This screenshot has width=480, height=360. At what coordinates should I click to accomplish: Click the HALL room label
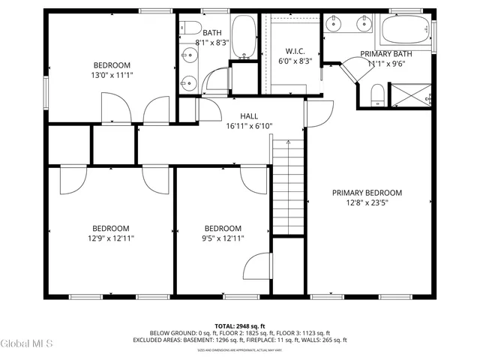click(249, 116)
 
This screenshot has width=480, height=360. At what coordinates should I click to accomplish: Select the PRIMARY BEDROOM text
click(367, 193)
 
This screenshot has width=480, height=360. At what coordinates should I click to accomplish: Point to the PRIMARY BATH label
click(387, 54)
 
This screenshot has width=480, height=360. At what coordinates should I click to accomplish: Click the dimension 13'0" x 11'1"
click(112, 76)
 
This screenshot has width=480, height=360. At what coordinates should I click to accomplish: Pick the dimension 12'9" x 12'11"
click(111, 238)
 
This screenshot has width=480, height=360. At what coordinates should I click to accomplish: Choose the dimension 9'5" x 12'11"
click(223, 238)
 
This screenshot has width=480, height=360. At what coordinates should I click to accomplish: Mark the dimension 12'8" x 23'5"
click(367, 202)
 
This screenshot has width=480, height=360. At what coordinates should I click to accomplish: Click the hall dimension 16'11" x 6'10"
click(249, 126)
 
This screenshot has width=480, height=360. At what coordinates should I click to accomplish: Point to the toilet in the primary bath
click(379, 94)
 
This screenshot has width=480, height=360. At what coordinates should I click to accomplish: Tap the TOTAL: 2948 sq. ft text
click(240, 326)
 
